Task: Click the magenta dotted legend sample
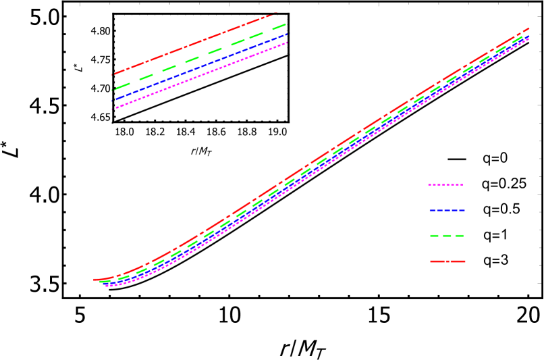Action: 445,184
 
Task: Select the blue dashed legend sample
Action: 447,210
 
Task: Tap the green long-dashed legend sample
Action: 447,236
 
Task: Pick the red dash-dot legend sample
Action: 447,261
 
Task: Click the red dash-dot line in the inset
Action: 196,43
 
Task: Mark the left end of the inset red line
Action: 113,74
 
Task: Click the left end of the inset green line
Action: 113,90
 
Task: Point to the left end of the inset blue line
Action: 113,100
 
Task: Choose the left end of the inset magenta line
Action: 113,109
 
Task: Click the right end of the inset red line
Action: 276,14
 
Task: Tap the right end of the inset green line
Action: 286,24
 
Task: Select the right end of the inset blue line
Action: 287,34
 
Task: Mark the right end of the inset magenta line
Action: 288,43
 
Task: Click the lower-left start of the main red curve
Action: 94,280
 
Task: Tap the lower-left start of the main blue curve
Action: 103,284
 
